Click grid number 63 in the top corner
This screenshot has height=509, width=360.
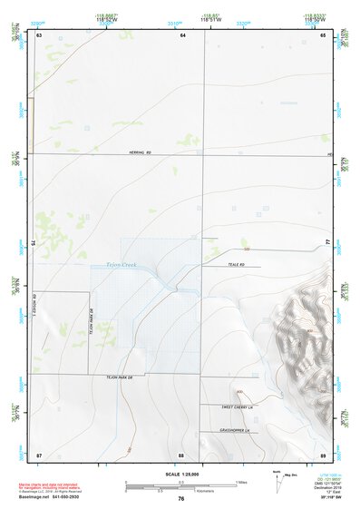click(39, 34)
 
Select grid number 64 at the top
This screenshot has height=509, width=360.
click(182, 34)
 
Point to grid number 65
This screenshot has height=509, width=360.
click(323, 34)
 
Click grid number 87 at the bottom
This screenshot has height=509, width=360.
click(39, 454)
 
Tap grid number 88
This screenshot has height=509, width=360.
click(181, 454)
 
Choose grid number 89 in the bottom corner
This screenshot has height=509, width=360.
click(323, 454)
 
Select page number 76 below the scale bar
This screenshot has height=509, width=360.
click(181, 499)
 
